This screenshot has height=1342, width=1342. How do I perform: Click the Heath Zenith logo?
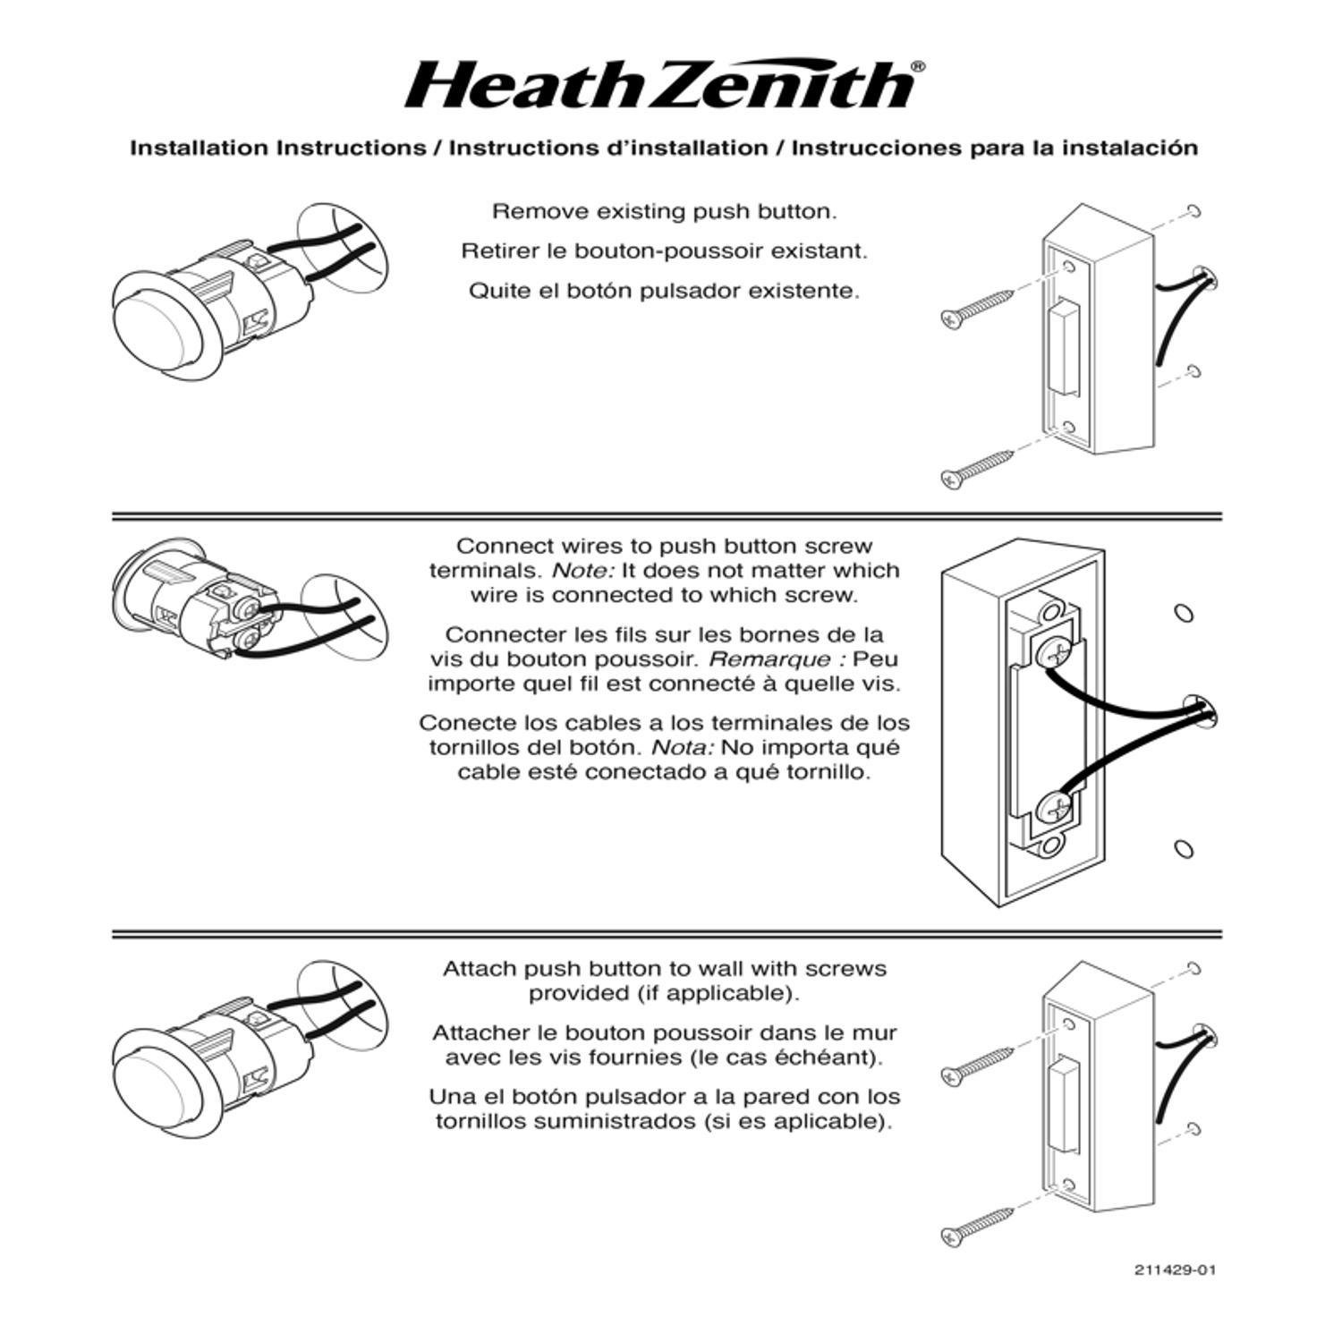[660, 86]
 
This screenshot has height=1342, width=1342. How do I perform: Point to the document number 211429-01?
[1175, 1270]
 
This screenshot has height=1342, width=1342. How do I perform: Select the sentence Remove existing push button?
[664, 212]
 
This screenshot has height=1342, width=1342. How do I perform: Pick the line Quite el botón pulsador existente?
[664, 291]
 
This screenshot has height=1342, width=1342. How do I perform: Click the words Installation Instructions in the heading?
[278, 148]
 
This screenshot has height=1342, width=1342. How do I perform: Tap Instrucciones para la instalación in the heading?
[994, 148]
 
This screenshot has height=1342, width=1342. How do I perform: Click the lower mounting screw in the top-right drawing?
[978, 468]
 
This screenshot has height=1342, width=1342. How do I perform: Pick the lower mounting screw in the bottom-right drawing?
[978, 1226]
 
